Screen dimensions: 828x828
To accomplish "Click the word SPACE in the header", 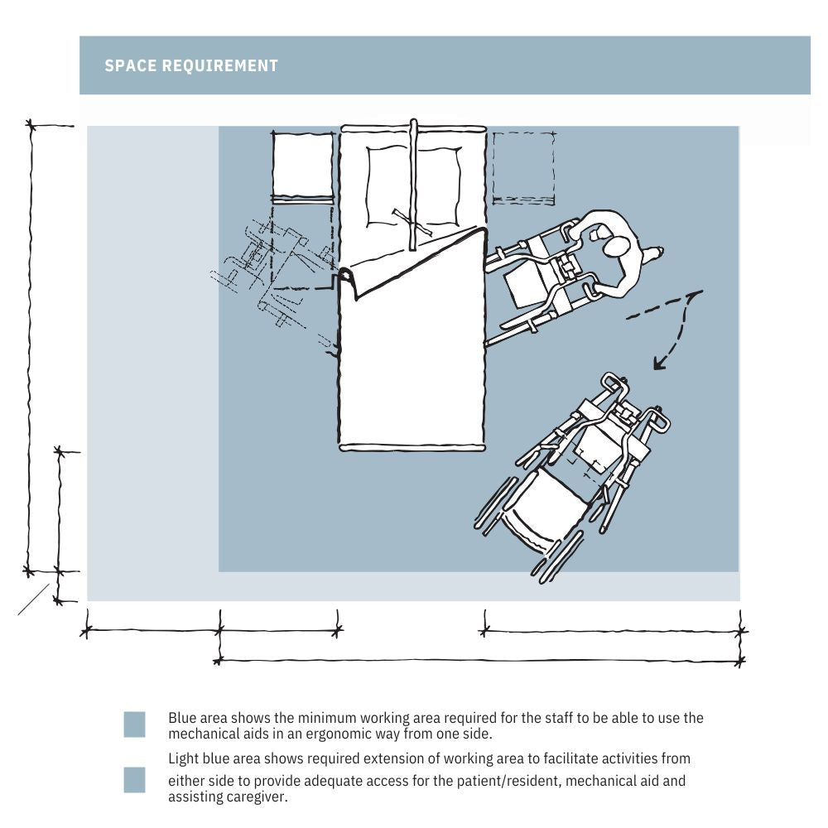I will (131, 65).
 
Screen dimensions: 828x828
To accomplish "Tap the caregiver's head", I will (616, 248).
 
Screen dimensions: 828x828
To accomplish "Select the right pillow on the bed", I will (438, 185).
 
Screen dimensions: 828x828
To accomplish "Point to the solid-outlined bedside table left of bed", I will (303, 165).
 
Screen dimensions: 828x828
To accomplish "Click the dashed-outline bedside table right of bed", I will (523, 167).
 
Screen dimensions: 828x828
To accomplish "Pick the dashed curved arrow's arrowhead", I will (658, 363).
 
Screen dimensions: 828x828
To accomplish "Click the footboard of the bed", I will (412, 448).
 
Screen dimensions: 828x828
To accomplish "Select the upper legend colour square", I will (134, 724).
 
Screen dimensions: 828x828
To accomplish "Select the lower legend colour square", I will (134, 780).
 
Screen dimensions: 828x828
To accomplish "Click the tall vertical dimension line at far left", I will (31, 348).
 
